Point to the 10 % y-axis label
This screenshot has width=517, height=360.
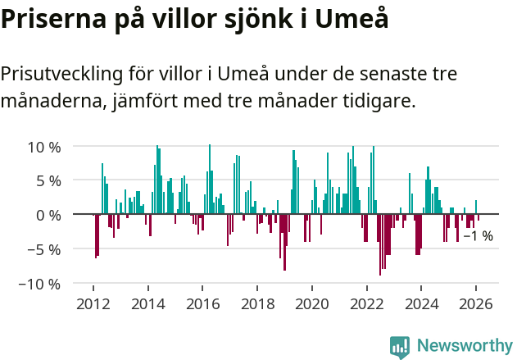[44, 148]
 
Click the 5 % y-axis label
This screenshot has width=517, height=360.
[48, 181]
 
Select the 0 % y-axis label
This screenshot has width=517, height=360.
[48, 215]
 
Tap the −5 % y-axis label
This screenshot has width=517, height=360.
[44, 249]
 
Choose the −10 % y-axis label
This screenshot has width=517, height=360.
[40, 284]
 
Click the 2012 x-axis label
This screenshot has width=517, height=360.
[93, 303]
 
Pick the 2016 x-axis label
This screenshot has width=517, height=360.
[202, 303]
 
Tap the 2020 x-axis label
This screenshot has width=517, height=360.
[312, 303]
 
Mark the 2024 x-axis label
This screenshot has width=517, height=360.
[421, 303]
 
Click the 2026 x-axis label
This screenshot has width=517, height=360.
[476, 303]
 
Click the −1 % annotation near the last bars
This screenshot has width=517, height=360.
[478, 236]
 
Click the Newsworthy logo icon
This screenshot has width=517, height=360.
[400, 346]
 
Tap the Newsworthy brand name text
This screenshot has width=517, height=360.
[464, 346]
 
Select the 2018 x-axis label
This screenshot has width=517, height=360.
[257, 303]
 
